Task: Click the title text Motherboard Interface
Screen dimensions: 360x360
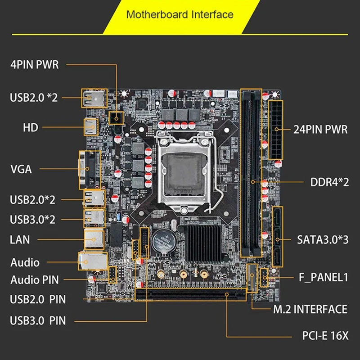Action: coord(180,14)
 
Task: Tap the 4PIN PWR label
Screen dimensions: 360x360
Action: coord(35,64)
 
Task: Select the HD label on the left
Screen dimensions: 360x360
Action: coord(31,128)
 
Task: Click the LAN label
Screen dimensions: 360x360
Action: coord(20,239)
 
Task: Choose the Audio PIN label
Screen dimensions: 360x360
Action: coord(35,280)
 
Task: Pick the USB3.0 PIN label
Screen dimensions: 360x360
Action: coord(38,321)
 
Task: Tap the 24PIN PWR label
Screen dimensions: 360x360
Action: coord(320,130)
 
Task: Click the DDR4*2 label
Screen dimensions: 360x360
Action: coord(330,183)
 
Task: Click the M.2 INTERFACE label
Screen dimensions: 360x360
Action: coord(310,309)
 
